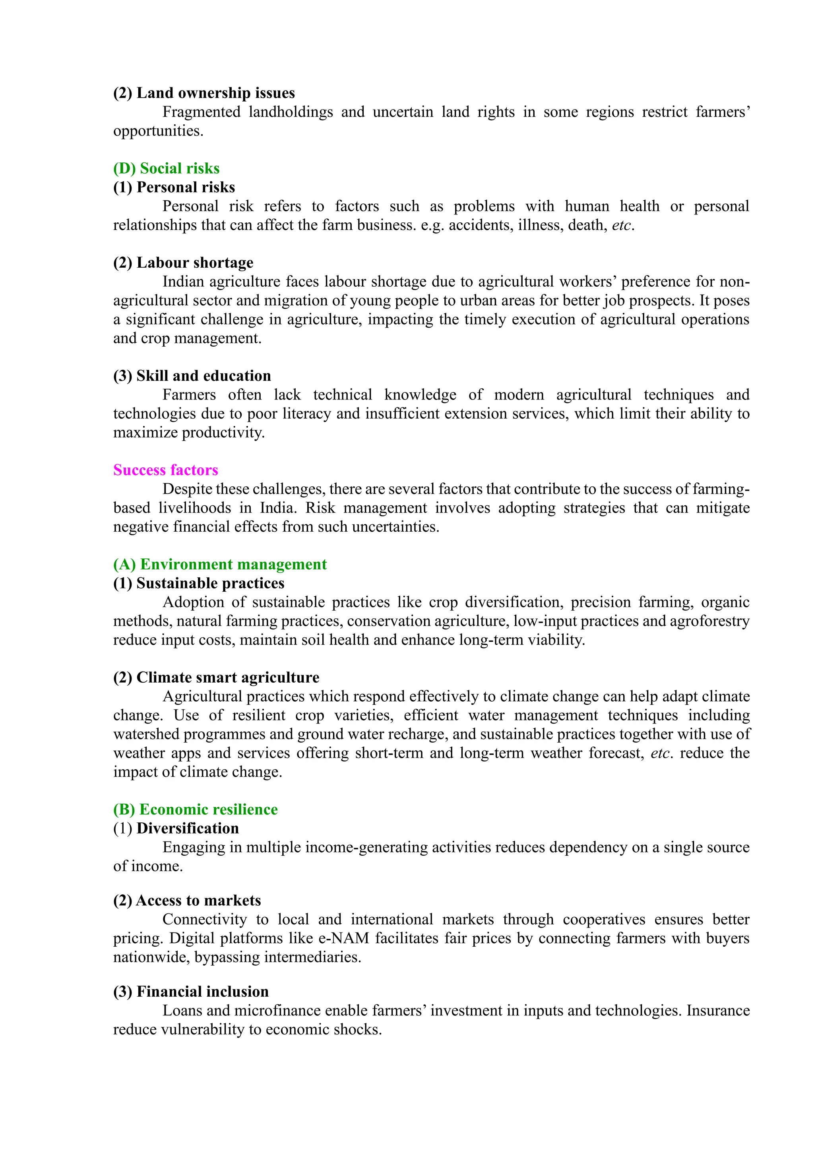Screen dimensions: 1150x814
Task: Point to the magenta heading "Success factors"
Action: click(x=165, y=470)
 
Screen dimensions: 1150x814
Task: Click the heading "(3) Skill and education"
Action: click(x=192, y=376)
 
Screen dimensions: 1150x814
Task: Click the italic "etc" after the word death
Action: click(x=621, y=226)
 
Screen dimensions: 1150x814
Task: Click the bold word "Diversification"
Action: click(x=188, y=828)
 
